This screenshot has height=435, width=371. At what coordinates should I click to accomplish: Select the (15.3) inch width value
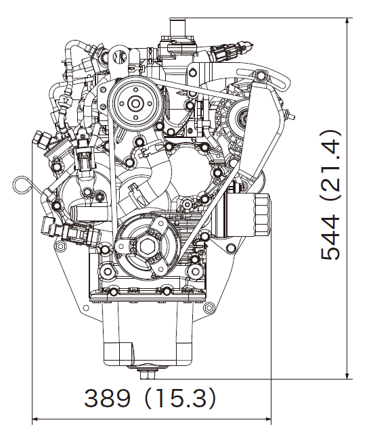pos(179,398)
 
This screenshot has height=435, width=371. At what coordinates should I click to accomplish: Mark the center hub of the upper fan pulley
pos(135,103)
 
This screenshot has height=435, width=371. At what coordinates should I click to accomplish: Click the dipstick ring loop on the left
pos(21,182)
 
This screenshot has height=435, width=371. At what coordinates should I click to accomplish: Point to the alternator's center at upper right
pos(238,120)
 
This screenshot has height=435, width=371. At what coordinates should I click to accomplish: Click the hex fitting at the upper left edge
pos(41,137)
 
